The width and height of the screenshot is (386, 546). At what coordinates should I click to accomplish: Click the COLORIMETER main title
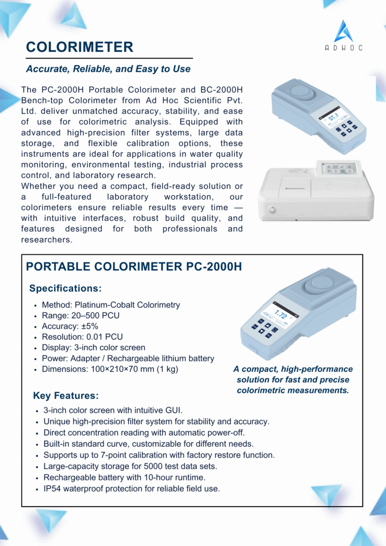80,47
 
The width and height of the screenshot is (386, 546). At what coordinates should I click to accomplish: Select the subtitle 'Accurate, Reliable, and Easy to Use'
108,69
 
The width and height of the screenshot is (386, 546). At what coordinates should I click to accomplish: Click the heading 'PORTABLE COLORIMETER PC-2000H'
134,267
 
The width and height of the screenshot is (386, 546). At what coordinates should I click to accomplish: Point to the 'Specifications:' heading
65,288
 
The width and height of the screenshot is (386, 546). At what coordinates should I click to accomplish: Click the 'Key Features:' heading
66,396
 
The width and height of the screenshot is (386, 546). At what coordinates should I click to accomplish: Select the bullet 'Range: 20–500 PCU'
81,316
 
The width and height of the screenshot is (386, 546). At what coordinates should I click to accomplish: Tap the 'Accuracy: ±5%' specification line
70,326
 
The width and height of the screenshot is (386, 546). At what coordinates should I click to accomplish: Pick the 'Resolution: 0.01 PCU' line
82,337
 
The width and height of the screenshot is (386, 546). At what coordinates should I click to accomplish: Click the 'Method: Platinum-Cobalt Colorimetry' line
111,305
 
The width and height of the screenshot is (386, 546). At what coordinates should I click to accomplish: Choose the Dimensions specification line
110,369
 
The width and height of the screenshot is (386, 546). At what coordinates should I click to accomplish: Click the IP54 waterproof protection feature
132,488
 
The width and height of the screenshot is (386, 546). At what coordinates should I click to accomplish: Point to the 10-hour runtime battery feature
124,477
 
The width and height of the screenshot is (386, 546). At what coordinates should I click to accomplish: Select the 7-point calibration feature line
159,455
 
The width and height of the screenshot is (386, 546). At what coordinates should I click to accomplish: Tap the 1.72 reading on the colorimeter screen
281,316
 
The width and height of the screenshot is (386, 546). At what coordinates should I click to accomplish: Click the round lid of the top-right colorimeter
300,91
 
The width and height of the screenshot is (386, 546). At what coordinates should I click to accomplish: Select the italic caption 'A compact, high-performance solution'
293,380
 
